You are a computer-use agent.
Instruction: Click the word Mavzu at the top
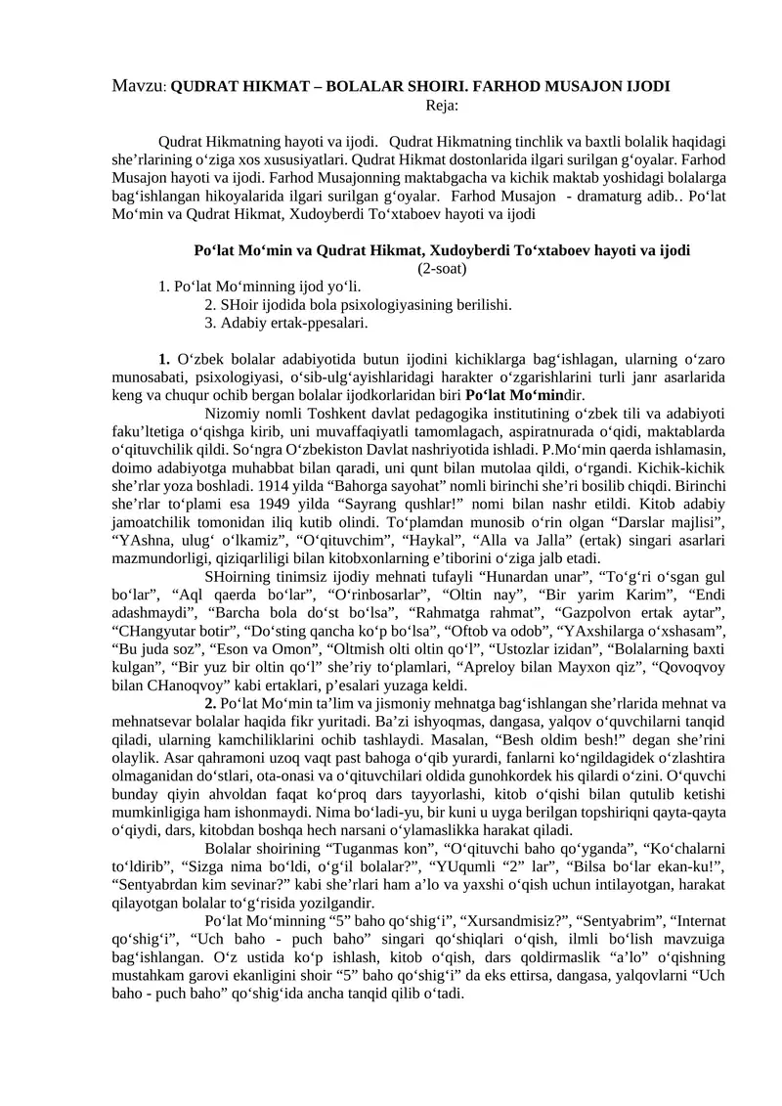point(134,86)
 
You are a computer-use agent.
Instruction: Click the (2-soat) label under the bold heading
point(443,268)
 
